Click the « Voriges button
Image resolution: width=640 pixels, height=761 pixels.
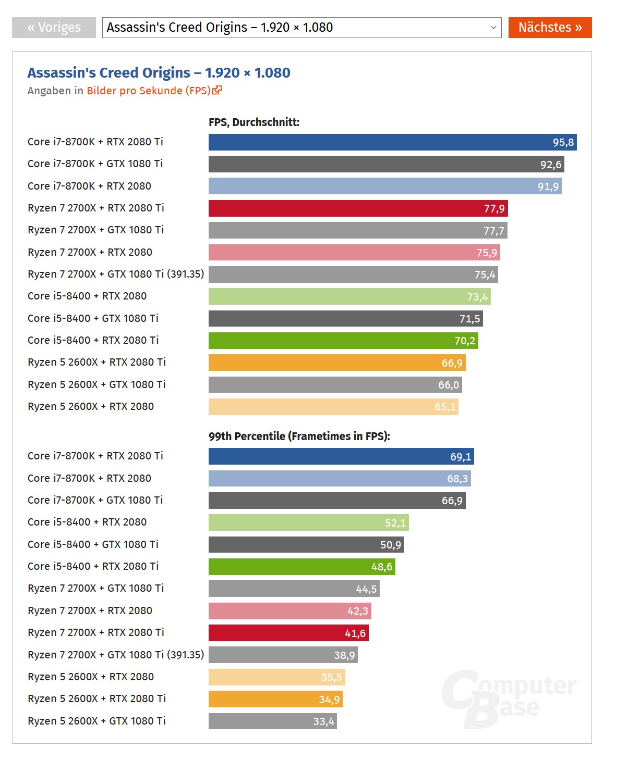[x=54, y=28]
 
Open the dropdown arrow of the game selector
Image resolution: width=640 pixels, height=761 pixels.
[x=493, y=28]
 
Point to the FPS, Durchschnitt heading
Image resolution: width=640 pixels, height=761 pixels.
[x=254, y=122]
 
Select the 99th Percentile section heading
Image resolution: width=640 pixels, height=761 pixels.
[x=299, y=436]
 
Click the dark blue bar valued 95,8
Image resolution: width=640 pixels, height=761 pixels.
[x=392, y=142]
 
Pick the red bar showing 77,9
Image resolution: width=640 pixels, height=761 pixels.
[x=358, y=208]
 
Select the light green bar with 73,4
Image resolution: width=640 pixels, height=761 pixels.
[x=349, y=296]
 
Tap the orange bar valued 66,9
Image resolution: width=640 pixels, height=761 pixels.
[x=337, y=363]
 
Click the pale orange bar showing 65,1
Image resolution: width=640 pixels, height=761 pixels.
[x=333, y=407]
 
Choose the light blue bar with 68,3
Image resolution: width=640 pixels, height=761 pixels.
[x=340, y=478]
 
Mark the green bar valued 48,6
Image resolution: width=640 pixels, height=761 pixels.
[x=301, y=567]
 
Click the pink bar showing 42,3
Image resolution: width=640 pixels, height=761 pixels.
[x=289, y=611]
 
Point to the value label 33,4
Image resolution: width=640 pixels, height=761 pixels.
[x=323, y=721]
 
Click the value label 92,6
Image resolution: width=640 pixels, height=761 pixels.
[x=551, y=165]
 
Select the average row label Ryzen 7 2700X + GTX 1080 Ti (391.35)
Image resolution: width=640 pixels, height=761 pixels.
[x=116, y=274]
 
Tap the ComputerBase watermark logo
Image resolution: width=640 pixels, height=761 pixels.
[x=509, y=698]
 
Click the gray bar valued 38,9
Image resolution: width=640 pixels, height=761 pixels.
[x=283, y=655]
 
